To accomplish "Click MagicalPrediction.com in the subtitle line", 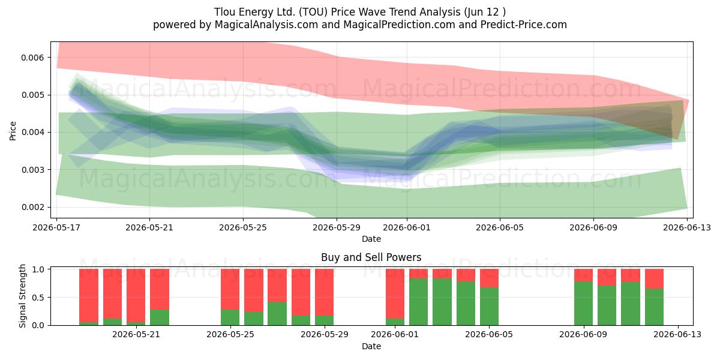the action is [399, 25].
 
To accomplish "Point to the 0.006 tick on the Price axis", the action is [32, 58].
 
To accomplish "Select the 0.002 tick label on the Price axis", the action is [32, 208].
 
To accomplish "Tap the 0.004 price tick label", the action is [32, 133].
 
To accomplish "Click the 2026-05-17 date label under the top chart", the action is [56, 227].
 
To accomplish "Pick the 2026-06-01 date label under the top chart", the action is [407, 227].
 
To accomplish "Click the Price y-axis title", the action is [13, 131].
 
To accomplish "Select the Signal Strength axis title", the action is [22, 296].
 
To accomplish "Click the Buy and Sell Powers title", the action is [371, 257].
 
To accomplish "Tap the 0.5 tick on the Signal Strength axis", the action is [38, 298].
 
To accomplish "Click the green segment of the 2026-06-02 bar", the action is [419, 302].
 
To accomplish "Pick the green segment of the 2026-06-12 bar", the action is [654, 307].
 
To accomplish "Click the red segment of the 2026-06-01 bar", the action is [395, 294].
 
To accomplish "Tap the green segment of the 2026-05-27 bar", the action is [277, 313].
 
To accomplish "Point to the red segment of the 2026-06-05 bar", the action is [489, 278].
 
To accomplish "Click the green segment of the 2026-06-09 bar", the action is [583, 304].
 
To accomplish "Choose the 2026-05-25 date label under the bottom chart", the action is [230, 334].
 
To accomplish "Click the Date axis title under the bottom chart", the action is [371, 347].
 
